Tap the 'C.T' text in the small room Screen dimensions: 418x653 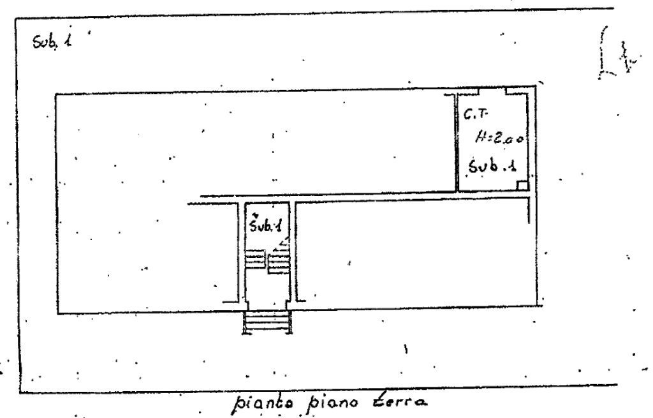(x=476, y=115)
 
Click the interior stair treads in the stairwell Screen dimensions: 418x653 (x=268, y=260)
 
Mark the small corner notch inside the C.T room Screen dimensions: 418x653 (x=524, y=184)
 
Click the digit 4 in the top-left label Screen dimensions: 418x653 (x=68, y=43)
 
